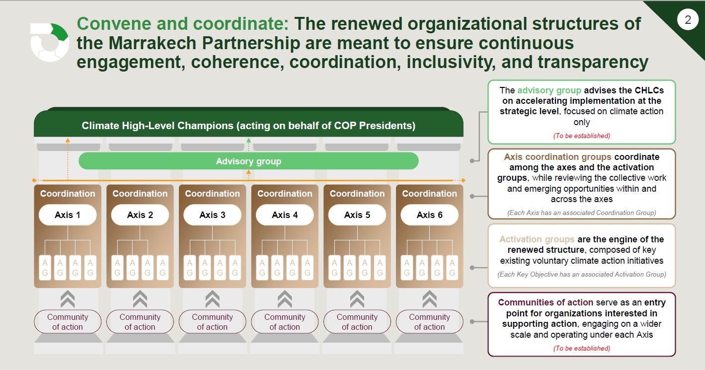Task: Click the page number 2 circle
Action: click(688, 20)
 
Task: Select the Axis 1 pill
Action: click(68, 215)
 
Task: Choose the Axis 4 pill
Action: click(285, 215)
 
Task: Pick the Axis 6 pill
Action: click(430, 215)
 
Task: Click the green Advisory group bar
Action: click(248, 161)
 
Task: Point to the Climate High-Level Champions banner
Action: click(248, 123)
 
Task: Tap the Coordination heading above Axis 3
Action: click(213, 194)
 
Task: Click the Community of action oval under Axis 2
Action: click(140, 321)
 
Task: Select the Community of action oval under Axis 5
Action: click(357, 321)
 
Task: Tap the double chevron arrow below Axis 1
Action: click(68, 299)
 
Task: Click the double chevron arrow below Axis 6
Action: click(430, 299)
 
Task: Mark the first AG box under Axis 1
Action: click(45, 268)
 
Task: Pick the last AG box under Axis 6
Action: click(452, 268)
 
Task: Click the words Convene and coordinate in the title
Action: click(182, 24)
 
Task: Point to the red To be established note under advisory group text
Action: click(582, 136)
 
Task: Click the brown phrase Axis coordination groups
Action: click(558, 156)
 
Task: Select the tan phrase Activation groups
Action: click(537, 239)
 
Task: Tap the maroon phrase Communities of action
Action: click(546, 302)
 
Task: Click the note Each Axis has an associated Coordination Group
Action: click(582, 213)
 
